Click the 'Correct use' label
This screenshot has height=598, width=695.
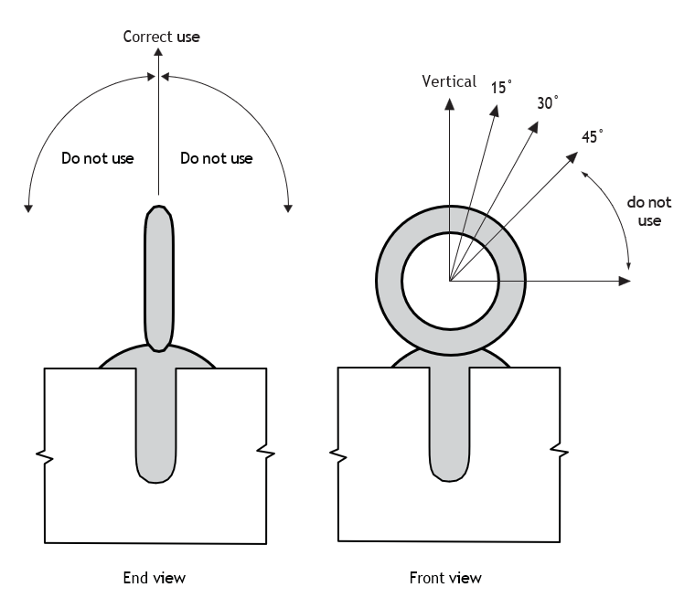click(161, 37)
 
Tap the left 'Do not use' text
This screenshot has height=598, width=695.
click(98, 158)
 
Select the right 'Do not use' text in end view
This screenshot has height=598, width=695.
click(217, 158)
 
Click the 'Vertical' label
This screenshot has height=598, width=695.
click(449, 81)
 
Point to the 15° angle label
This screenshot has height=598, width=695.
click(501, 88)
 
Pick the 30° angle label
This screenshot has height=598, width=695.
click(548, 102)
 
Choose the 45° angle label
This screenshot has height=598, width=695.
click(593, 136)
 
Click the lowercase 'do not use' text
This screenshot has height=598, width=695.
click(649, 211)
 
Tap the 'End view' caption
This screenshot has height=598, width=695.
click(155, 578)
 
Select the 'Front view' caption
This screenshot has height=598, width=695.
click(445, 578)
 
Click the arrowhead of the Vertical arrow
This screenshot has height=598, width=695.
click(449, 103)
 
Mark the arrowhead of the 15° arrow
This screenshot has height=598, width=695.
click(495, 111)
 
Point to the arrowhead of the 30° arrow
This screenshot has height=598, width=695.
click(534, 127)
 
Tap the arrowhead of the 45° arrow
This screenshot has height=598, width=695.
click(572, 157)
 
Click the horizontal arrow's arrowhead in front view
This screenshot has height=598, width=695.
click(625, 281)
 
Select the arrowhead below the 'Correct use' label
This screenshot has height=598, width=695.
click(158, 52)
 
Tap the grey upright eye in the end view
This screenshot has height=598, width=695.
click(159, 278)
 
